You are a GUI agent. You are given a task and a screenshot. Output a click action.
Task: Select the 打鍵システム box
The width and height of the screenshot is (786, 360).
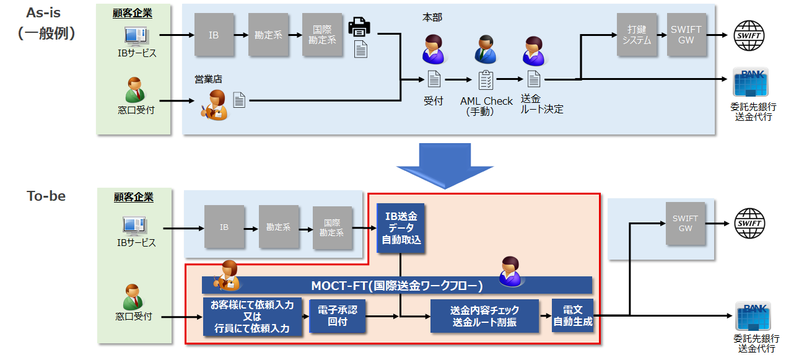[636, 35]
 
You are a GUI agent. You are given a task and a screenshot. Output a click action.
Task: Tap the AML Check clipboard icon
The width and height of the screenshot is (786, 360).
[486, 80]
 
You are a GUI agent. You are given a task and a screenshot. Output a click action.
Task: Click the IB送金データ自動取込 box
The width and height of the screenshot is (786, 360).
[401, 228]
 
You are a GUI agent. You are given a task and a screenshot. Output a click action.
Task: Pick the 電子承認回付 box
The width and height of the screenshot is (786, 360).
[338, 315]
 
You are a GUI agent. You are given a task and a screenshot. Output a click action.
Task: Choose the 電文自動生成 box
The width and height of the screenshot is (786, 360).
[573, 315]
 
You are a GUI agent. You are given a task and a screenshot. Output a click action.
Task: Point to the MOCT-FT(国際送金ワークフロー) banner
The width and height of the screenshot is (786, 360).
[396, 286]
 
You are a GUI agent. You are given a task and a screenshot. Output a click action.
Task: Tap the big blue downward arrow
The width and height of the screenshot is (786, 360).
[445, 165]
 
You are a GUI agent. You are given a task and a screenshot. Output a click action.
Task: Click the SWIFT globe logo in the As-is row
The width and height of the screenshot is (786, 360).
[749, 35]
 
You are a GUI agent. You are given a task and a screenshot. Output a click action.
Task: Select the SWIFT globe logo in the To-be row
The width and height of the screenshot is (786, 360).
[749, 224]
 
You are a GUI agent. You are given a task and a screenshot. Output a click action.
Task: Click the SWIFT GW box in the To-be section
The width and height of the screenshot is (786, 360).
[685, 224]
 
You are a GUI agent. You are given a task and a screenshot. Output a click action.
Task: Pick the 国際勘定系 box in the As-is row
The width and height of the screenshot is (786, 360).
[322, 35]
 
